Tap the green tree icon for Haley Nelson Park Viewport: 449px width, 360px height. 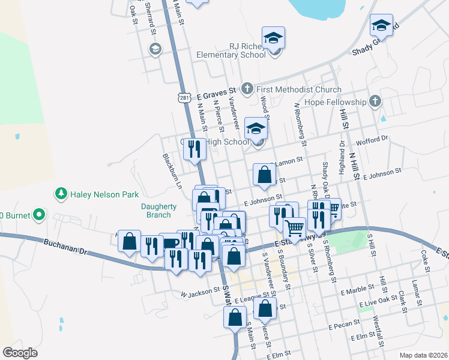coord(60,194)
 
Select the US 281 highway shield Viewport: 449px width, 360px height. coord(184,97)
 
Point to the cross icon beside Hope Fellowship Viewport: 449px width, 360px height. coord(375,101)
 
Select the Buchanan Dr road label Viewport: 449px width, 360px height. coord(65,247)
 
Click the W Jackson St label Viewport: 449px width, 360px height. coord(201,292)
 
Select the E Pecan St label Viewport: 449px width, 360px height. coord(343,328)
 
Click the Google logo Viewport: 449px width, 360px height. coord(20,353)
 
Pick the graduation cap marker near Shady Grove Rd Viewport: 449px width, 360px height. coord(381,25)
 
